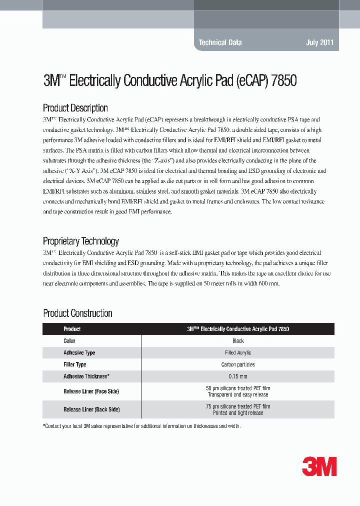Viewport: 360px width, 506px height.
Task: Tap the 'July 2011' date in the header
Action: point(319,42)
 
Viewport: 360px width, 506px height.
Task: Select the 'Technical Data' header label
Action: point(220,42)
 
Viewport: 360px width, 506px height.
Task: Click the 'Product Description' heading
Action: point(75,108)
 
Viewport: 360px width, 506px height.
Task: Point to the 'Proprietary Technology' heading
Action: point(81,241)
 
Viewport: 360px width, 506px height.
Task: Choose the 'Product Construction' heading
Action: point(77,313)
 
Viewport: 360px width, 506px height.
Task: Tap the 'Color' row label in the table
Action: point(69,341)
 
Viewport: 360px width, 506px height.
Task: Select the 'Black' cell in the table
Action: point(238,341)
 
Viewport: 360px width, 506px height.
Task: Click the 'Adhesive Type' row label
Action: point(79,352)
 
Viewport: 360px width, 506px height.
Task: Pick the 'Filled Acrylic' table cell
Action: point(238,352)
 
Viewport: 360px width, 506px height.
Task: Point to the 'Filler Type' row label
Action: point(75,364)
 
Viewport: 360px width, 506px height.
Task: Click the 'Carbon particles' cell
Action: point(238,364)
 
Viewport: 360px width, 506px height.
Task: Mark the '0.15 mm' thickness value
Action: point(238,376)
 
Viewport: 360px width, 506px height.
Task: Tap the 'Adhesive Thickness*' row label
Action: point(86,376)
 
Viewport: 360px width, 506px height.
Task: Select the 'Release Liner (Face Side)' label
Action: point(91,391)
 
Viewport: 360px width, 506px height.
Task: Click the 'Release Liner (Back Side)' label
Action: point(91,409)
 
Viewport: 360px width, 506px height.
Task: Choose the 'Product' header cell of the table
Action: point(72,329)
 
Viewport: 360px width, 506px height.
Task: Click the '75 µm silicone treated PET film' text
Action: point(238,406)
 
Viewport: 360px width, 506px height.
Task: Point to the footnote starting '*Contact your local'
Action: point(142,426)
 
